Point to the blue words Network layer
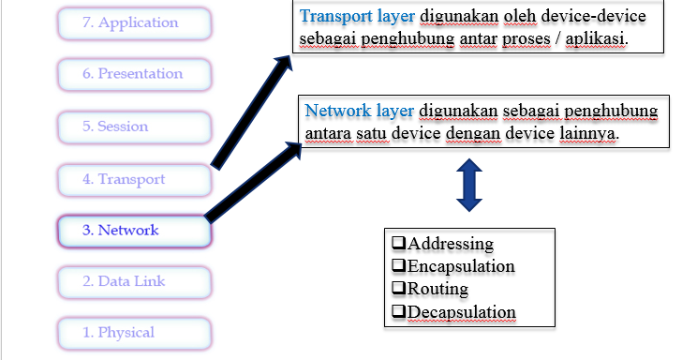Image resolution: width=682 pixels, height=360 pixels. click(359, 111)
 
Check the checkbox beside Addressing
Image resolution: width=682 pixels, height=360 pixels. click(397, 243)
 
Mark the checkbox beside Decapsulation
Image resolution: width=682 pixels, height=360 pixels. click(397, 311)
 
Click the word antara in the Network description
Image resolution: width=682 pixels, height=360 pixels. click(329, 134)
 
